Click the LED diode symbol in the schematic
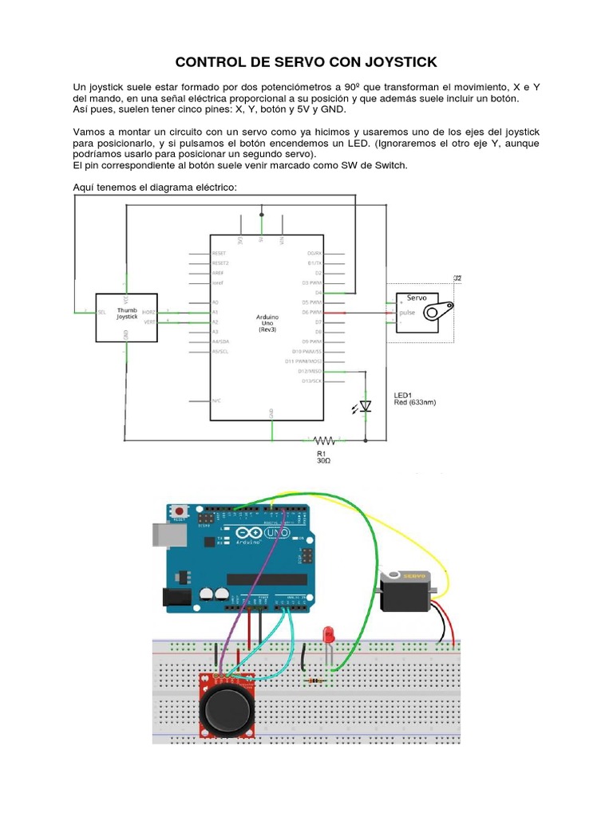point(366,406)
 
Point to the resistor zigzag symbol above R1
point(323,440)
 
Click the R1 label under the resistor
point(322,452)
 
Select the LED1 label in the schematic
point(404,395)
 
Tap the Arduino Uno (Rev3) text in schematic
point(267,323)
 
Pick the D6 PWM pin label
point(310,312)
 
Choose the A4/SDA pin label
point(221,341)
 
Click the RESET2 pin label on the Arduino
point(220,262)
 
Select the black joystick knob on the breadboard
point(228,709)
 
